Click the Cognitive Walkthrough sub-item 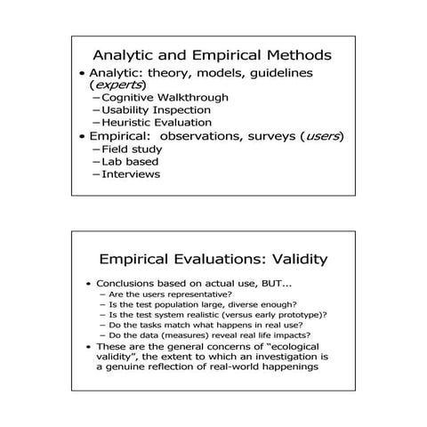pos(165,97)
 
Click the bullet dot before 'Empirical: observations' pos(83,137)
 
